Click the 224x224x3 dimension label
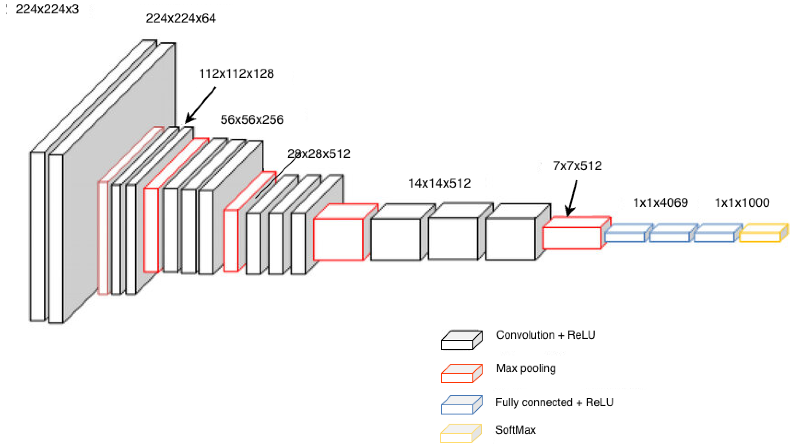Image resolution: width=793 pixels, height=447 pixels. (x=47, y=9)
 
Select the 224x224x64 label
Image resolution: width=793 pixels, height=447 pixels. (x=181, y=19)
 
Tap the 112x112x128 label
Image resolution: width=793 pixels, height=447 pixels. (x=236, y=74)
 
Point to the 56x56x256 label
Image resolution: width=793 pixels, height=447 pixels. (x=252, y=120)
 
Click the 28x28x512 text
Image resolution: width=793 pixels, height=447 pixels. (x=319, y=154)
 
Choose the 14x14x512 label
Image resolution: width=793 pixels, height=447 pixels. (x=439, y=184)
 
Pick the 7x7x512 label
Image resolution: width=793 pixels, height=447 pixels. (x=577, y=166)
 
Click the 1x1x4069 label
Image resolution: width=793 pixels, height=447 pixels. (x=660, y=203)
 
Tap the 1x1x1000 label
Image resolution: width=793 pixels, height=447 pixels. (x=742, y=203)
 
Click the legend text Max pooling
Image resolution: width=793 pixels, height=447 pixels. (x=526, y=369)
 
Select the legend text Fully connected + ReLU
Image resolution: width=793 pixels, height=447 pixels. (x=554, y=403)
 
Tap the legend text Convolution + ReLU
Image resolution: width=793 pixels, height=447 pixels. (x=545, y=335)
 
